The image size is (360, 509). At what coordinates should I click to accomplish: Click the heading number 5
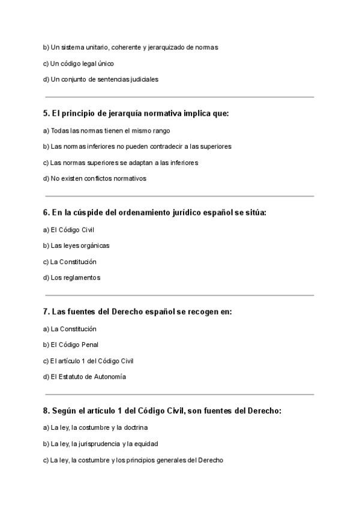pos(46,113)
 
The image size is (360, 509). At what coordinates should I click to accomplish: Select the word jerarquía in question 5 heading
pos(110,113)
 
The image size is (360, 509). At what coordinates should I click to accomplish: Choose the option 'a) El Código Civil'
pos(69,229)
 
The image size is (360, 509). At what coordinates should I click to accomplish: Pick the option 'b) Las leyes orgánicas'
pos(76,245)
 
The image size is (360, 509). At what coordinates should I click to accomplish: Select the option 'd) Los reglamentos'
pos(72,278)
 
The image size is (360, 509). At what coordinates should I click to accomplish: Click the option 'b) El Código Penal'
pos(71,345)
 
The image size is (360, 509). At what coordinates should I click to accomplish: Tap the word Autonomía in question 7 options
pos(109,377)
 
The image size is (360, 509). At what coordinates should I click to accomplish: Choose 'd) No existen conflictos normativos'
pos(95,178)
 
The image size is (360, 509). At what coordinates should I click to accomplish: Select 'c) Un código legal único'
pos(78,63)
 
